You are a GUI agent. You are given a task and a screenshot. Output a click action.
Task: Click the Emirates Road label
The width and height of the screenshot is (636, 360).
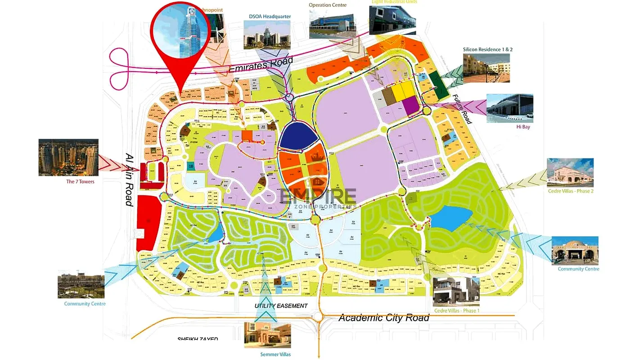pyautogui.click(x=261, y=65)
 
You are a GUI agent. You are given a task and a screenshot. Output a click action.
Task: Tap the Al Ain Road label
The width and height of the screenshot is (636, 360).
pyautogui.click(x=130, y=179)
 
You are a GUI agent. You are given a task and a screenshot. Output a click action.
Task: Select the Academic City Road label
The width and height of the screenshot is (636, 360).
pyautogui.click(x=383, y=318)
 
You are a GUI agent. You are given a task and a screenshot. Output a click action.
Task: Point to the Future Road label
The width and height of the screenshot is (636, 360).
pyautogui.click(x=462, y=109)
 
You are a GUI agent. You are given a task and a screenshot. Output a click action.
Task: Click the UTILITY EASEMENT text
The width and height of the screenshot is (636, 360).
pyautogui.click(x=281, y=306)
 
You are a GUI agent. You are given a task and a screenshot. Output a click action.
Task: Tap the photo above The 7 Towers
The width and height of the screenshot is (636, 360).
pyautogui.click(x=68, y=157)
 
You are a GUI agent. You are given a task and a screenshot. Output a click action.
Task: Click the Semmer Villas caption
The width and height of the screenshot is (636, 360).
pyautogui.click(x=275, y=355)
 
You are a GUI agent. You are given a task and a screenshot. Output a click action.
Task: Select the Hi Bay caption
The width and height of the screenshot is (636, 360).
pyautogui.click(x=523, y=127)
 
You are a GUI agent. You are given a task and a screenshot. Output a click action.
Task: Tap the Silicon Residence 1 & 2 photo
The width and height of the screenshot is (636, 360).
pyautogui.click(x=487, y=68)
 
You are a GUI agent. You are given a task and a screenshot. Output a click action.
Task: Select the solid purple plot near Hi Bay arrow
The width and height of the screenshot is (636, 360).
pyautogui.click(x=410, y=106)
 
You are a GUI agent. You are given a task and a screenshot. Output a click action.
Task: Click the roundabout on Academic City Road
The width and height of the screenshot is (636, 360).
pyautogui.click(x=319, y=317)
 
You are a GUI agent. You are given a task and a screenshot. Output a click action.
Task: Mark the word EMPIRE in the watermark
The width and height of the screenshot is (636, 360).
pyautogui.click(x=318, y=196)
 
